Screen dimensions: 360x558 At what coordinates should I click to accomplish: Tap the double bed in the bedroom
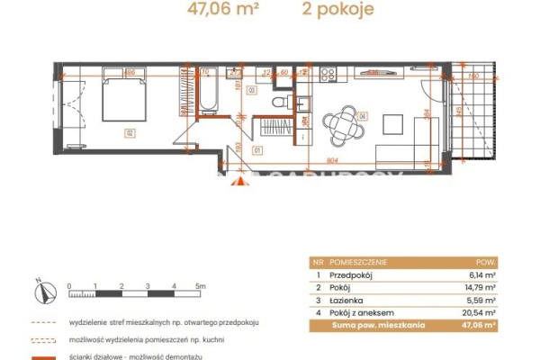(x=121, y=97)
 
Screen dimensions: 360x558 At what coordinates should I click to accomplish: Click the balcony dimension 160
(x=472, y=76)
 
